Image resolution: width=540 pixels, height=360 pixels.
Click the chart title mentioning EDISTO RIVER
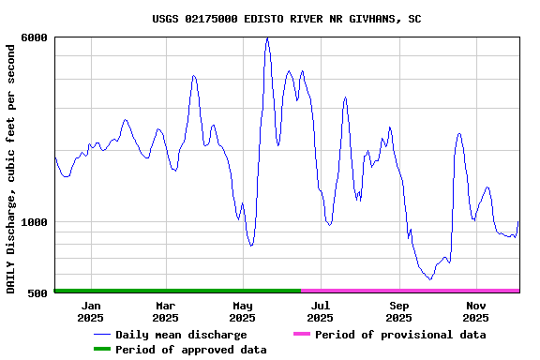(x=286, y=19)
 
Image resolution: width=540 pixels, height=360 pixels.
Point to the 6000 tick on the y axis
(x=35, y=37)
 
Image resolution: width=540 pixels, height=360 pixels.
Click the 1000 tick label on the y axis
(x=35, y=222)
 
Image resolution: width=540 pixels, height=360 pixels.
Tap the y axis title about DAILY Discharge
(x=11, y=167)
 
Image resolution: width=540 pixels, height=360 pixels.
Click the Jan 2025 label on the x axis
(x=91, y=311)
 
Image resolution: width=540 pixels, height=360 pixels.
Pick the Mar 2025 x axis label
(x=165, y=311)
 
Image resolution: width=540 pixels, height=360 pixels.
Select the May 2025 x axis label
(x=243, y=311)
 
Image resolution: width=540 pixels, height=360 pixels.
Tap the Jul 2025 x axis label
(x=321, y=311)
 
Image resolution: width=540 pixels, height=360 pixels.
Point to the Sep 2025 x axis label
(x=398, y=311)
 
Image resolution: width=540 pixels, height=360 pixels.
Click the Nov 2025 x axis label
(x=476, y=311)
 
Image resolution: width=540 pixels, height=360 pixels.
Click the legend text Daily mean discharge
(x=181, y=335)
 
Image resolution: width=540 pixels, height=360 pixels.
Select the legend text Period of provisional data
(x=400, y=335)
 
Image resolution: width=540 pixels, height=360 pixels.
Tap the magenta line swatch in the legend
(x=301, y=335)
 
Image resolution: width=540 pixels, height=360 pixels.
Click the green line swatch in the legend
(x=101, y=350)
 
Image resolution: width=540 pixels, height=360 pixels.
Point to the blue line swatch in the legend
(x=101, y=335)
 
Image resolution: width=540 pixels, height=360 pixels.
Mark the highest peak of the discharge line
(x=267, y=38)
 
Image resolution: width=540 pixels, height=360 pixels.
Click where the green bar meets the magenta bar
(x=301, y=291)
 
